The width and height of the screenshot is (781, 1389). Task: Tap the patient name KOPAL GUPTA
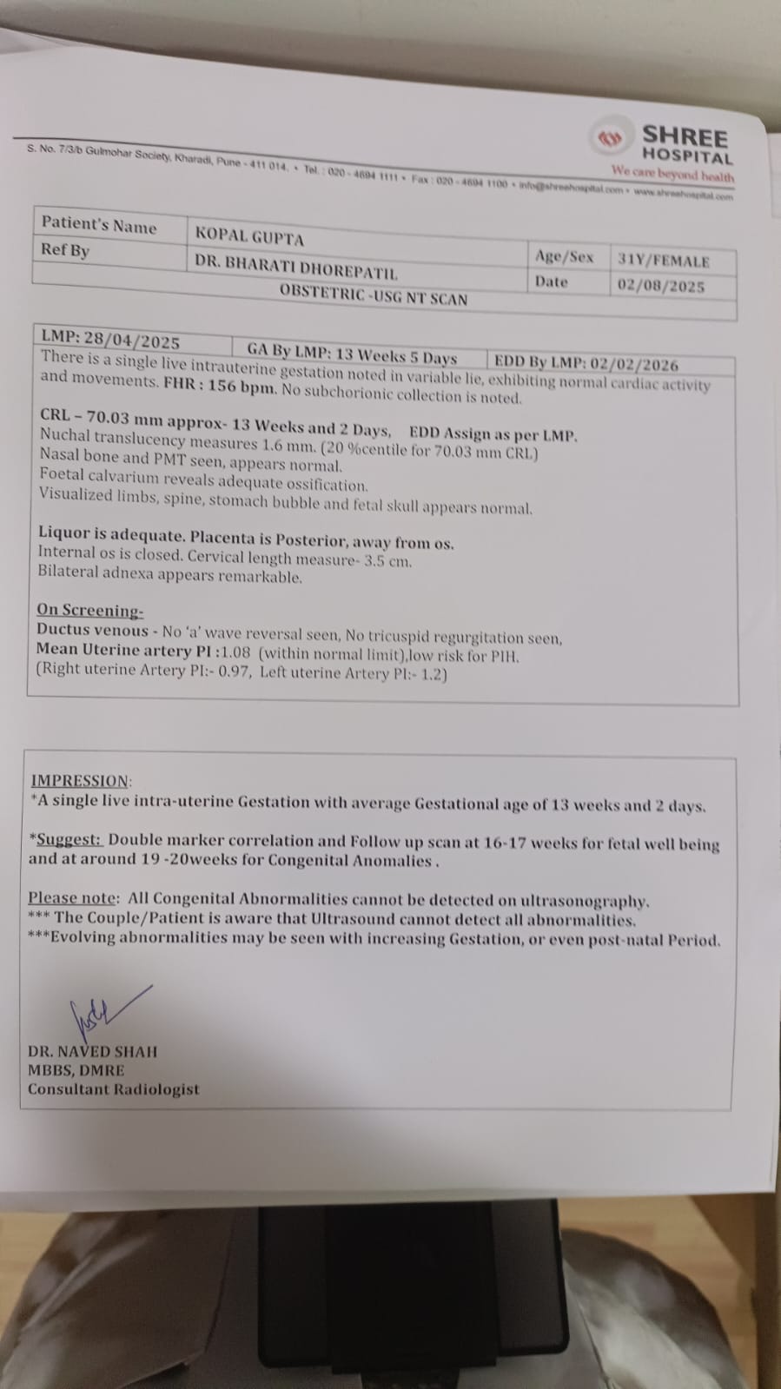(x=249, y=235)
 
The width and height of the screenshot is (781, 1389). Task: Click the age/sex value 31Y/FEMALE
(x=663, y=261)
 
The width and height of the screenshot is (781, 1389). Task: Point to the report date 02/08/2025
(x=660, y=286)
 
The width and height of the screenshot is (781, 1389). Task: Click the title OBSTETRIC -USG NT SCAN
(x=374, y=295)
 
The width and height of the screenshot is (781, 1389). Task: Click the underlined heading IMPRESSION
(x=81, y=781)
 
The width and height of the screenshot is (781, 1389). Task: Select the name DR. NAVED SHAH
(x=92, y=1051)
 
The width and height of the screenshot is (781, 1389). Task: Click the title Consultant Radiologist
(x=113, y=1089)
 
